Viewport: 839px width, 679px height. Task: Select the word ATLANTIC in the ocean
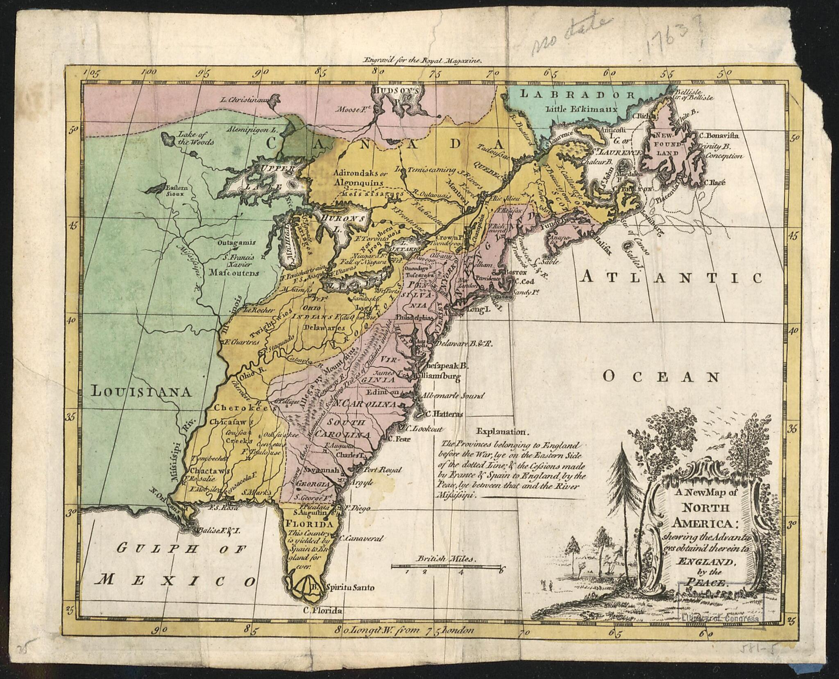click(x=671, y=278)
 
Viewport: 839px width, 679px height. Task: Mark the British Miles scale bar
click(x=447, y=567)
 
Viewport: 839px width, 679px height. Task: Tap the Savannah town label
click(x=320, y=470)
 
